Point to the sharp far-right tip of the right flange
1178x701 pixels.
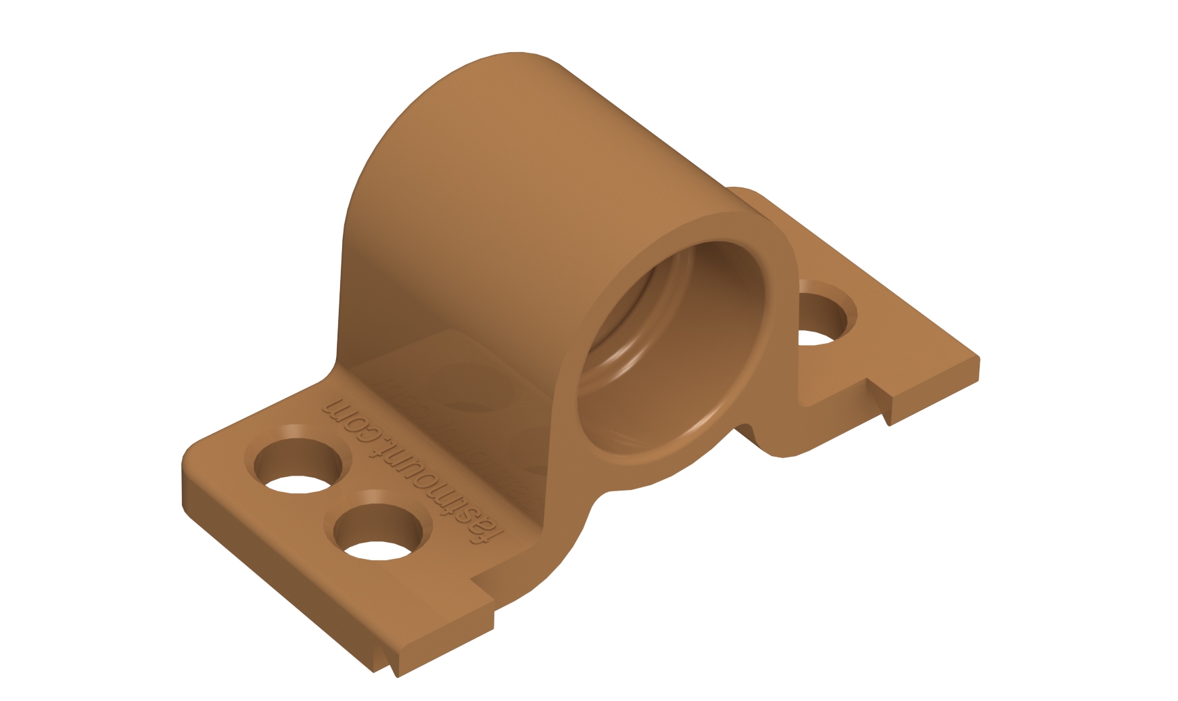tap(977, 359)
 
